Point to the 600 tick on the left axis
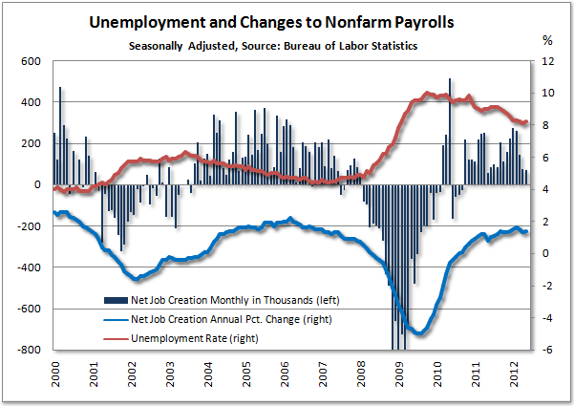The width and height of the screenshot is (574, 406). coord(31,61)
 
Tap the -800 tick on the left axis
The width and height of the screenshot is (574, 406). coord(28,350)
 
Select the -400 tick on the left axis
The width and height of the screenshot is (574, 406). coord(28,267)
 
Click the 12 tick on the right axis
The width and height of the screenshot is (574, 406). coord(546,61)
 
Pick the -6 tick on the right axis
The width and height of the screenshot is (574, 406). coord(546,350)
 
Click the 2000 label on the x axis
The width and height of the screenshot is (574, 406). coord(57,373)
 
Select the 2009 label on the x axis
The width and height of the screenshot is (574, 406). coord(400,373)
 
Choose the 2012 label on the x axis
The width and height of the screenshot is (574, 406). coord(515,373)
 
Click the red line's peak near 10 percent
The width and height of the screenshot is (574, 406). coord(427,94)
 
